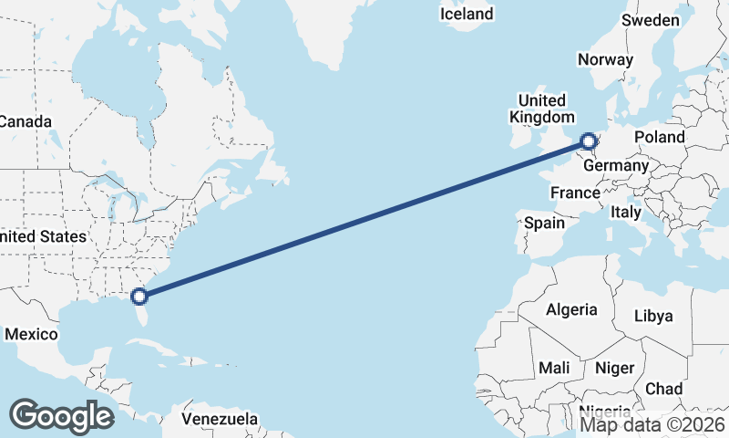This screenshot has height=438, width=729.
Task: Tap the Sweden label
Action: tap(651, 20)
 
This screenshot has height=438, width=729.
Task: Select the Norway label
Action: tap(605, 59)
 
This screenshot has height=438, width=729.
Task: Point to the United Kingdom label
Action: tap(542, 109)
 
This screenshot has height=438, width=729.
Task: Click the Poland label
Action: tap(660, 137)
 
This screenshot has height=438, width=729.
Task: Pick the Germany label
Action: tap(616, 166)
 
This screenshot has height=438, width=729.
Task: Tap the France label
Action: tap(575, 193)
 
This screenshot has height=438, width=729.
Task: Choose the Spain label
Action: tap(544, 222)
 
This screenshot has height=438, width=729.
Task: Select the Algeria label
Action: tap(571, 309)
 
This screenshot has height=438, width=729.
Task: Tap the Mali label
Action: tap(554, 368)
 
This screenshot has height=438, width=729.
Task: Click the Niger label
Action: tap(614, 368)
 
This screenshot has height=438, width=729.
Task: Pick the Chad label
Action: tap(663, 389)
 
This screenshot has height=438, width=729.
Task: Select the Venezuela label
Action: tap(220, 419)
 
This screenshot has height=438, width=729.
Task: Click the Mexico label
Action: tap(31, 334)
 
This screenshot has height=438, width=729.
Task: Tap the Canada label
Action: tap(26, 121)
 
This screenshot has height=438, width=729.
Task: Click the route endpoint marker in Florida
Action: tap(139, 296)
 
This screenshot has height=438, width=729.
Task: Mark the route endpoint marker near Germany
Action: tap(589, 141)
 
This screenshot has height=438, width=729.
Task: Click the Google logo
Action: tap(61, 415)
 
